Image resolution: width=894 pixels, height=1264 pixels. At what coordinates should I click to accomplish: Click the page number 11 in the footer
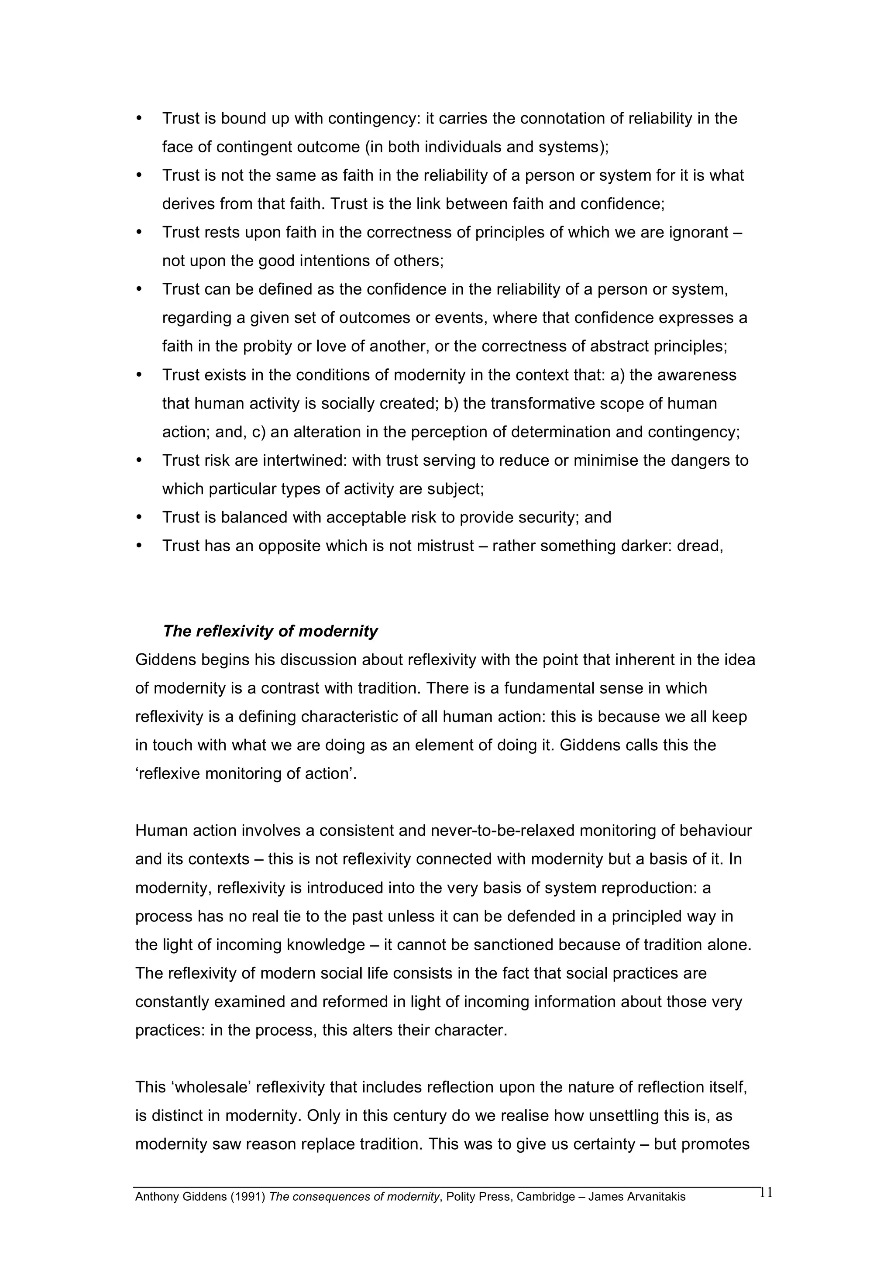coord(766,1192)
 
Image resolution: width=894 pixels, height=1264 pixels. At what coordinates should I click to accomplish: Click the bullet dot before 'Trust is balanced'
coord(139,518)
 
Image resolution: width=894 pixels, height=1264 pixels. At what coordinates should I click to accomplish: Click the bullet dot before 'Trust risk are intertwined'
coord(139,460)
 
